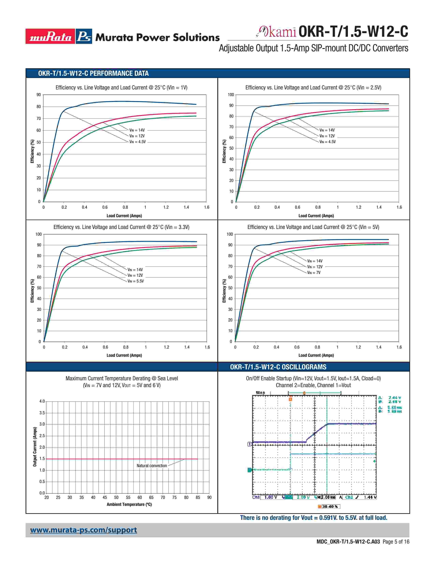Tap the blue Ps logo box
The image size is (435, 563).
pyautogui.click(x=84, y=36)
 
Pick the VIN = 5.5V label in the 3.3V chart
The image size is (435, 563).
pyautogui.click(x=136, y=281)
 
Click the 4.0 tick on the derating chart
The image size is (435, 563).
pyautogui.click(x=42, y=401)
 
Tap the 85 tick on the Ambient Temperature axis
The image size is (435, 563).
pyautogui.click(x=198, y=497)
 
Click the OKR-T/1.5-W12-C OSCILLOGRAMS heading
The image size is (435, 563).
pyautogui.click(x=278, y=367)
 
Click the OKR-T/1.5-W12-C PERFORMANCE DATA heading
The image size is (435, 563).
pyautogui.click(x=93, y=74)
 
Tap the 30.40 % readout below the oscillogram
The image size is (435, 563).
pyautogui.click(x=329, y=507)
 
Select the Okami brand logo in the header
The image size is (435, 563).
pyautogui.click(x=276, y=32)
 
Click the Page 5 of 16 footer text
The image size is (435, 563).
pyautogui.click(x=396, y=542)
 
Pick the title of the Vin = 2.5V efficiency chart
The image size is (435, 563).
pyautogui.click(x=313, y=88)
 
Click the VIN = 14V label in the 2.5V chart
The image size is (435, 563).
pyautogui.click(x=327, y=130)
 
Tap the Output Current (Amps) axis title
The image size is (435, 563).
pyautogui.click(x=35, y=447)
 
